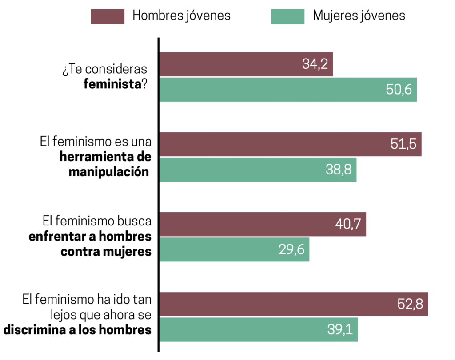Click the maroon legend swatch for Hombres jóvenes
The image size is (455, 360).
(107, 16)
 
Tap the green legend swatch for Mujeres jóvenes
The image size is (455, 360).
(287, 16)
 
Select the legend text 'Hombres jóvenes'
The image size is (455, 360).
(182, 16)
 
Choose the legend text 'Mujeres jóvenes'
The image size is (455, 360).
(359, 16)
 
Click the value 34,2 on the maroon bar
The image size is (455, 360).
(315, 65)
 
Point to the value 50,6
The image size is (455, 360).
(399, 90)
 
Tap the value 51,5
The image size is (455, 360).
(403, 145)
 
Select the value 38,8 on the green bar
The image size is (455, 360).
(339, 170)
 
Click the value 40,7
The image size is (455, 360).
(348, 225)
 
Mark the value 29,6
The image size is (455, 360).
(291, 250)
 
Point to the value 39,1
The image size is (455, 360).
(340, 330)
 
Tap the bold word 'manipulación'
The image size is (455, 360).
(108, 172)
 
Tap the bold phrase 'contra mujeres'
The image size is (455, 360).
(106, 251)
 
